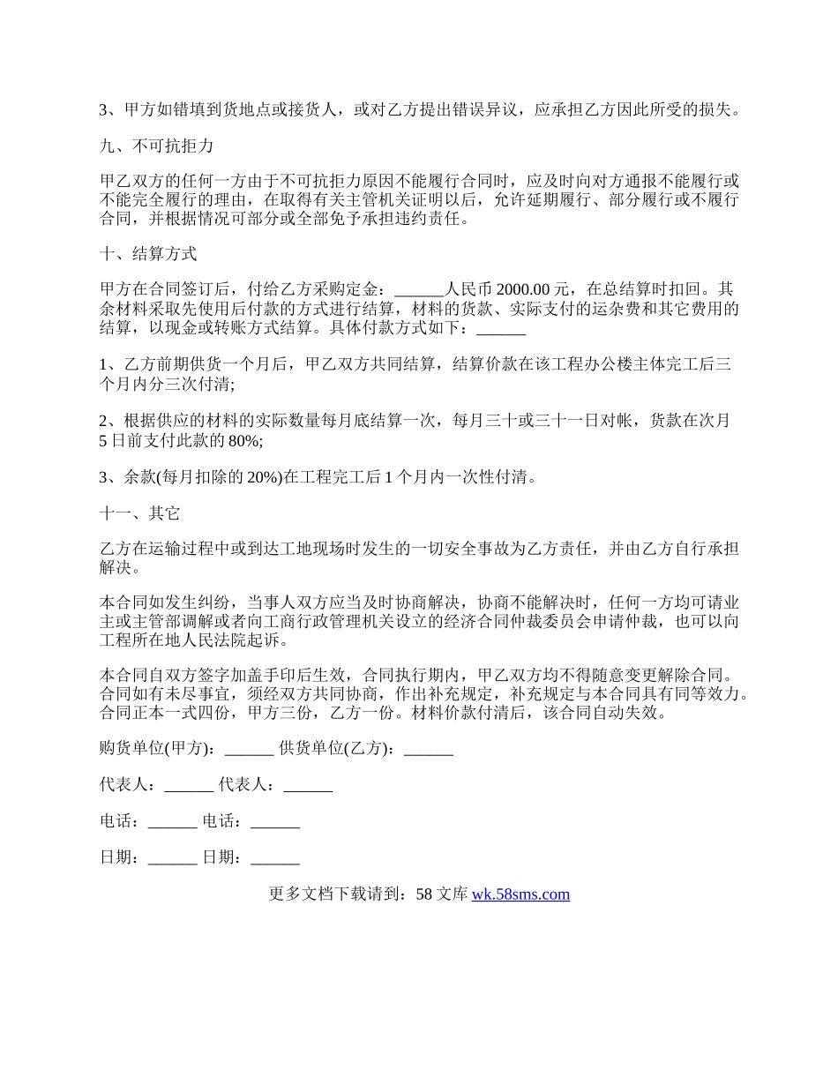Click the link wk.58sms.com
(x=520, y=894)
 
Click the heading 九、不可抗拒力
(x=156, y=146)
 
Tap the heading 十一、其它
(x=140, y=513)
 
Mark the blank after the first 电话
(x=172, y=821)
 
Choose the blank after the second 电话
(x=275, y=821)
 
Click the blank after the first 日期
(x=172, y=857)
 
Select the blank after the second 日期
(x=275, y=857)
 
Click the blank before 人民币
(x=420, y=289)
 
